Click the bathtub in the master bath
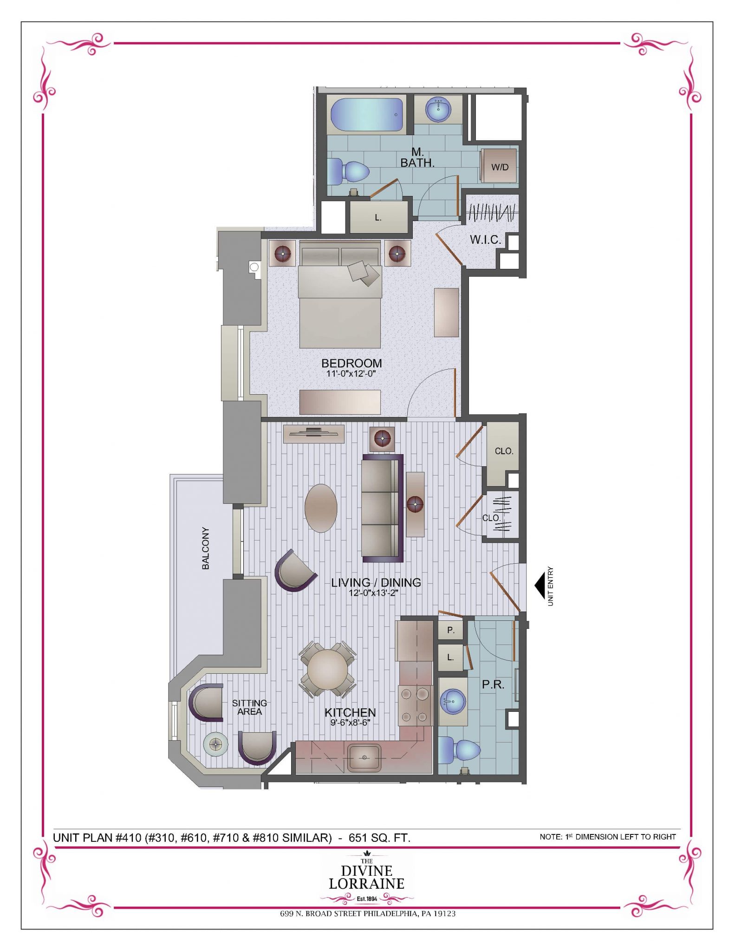pos(366,115)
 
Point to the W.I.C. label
pos(485,240)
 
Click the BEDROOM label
pos(351,363)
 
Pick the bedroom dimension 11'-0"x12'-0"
pos(351,373)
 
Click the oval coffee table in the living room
pos(321,508)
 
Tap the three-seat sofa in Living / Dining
pos(382,508)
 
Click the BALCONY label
pos(205,548)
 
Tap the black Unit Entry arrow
pos(540,586)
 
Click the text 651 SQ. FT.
pos(379,838)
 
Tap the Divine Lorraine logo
pos(366,878)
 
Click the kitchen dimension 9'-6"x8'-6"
pos(350,722)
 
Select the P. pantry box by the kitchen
pos(450,630)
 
